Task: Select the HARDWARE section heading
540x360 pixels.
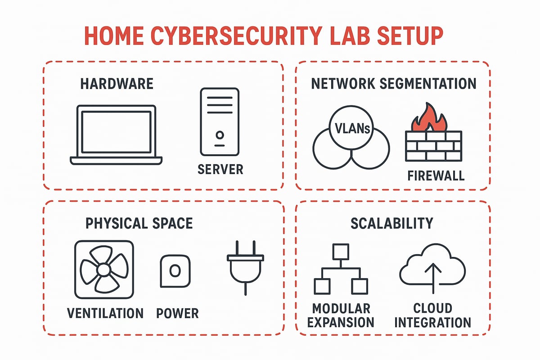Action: click(117, 84)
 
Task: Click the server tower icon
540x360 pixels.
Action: click(220, 122)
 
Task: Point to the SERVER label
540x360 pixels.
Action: click(220, 169)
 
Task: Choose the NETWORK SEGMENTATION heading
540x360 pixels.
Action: click(393, 84)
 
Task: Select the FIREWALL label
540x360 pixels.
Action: click(435, 175)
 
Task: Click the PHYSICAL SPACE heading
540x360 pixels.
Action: click(139, 223)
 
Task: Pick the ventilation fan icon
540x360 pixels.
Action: click(104, 270)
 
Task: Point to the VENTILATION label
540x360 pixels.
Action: click(105, 313)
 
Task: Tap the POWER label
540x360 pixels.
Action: click(177, 313)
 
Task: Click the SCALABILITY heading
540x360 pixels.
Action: click(392, 223)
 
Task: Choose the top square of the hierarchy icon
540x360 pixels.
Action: click(340, 252)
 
